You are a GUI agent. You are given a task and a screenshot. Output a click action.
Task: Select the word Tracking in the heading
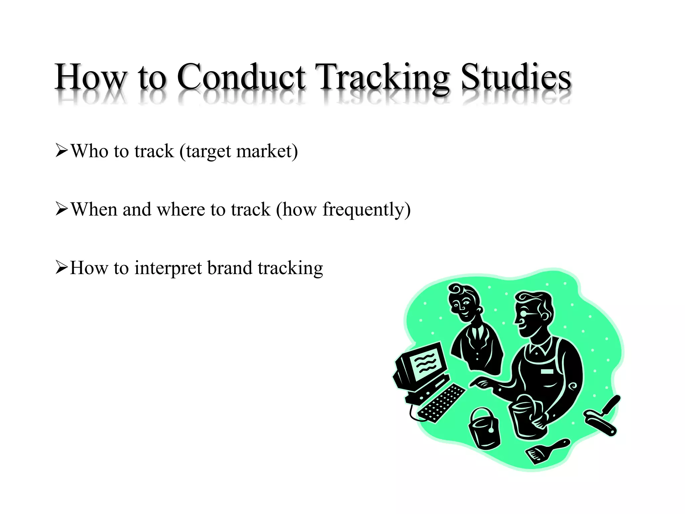tap(384, 78)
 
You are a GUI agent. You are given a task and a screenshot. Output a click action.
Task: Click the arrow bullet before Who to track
tap(62, 151)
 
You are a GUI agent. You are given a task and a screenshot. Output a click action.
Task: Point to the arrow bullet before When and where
tap(62, 209)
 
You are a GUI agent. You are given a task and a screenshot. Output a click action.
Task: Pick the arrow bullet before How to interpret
tap(62, 268)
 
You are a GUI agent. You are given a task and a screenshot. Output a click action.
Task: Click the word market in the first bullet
tap(267, 151)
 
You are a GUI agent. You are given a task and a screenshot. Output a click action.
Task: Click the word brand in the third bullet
tap(229, 268)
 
